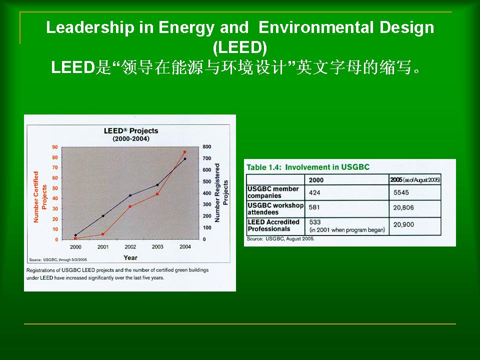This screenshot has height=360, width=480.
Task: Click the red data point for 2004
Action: tap(184, 152)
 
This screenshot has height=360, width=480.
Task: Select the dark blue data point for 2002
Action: tap(130, 195)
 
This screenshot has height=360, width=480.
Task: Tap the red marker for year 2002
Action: tap(130, 206)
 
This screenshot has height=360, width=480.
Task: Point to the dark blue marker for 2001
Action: tap(103, 216)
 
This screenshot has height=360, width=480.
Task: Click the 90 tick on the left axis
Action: tap(55, 147)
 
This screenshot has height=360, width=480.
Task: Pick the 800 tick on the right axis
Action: tap(207, 147)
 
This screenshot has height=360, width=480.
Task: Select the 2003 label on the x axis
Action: tap(157, 246)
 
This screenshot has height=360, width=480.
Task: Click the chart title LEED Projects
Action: tap(131, 130)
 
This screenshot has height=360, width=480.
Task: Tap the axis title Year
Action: tap(130, 258)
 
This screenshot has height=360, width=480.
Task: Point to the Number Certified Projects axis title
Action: tap(40, 197)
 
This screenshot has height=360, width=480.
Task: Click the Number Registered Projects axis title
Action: tap(221, 192)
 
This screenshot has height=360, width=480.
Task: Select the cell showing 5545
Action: tap(401, 192)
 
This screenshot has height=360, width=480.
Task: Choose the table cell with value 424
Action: tap(314, 192)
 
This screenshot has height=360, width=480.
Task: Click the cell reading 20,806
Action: tap(403, 207)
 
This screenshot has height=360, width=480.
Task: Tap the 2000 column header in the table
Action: tap(316, 180)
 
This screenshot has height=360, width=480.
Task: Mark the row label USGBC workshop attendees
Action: tap(275, 209)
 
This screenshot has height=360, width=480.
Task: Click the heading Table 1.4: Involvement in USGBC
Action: tap(308, 167)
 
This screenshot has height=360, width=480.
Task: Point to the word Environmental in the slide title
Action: tap(315, 27)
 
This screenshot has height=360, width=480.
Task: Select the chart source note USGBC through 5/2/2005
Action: tap(58, 259)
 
